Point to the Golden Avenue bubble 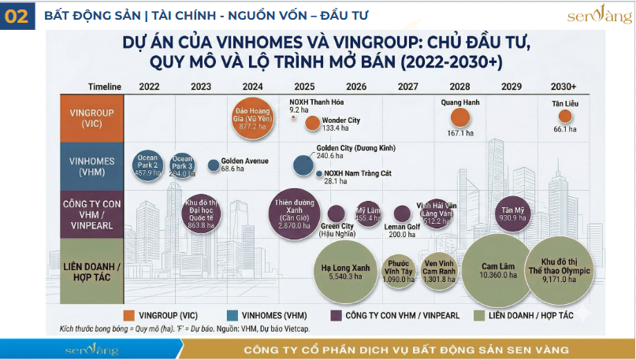click(x=214, y=165)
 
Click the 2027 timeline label click(x=408, y=86)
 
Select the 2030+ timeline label click(x=563, y=86)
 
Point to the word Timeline click(x=104, y=86)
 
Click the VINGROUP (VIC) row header click(x=91, y=117)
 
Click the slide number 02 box click(x=16, y=16)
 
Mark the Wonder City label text click(x=341, y=120)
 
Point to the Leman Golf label click(x=402, y=226)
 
